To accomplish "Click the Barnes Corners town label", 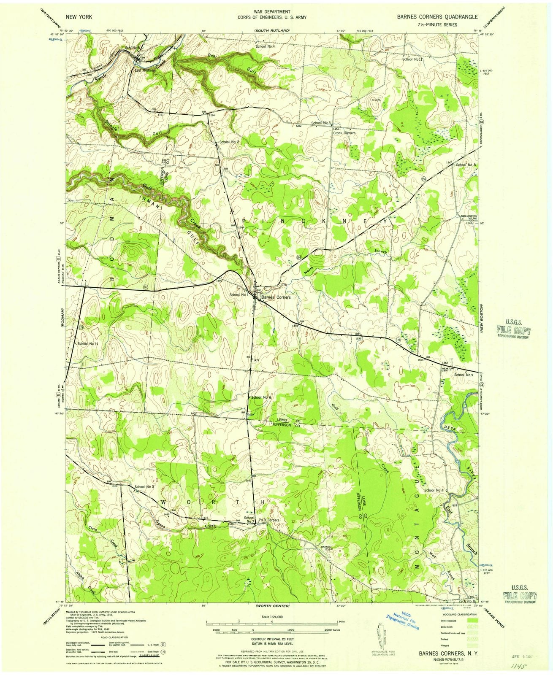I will click(276, 297).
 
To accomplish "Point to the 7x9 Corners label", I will click(269, 520).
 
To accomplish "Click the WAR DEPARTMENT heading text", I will click(277, 12).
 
